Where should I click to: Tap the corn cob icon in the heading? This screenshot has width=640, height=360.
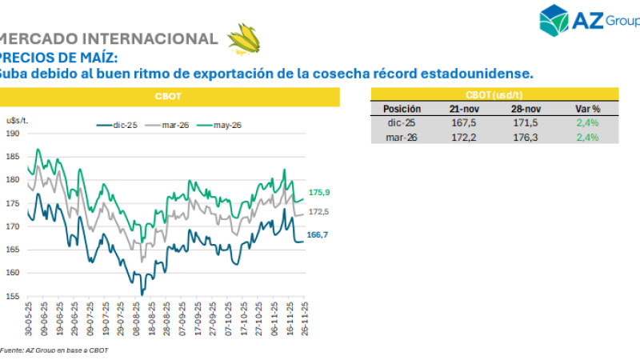243,38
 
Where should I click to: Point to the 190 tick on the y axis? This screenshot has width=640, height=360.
13,133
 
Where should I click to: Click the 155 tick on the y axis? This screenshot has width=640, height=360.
13,296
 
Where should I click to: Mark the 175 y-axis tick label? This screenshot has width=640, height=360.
13,203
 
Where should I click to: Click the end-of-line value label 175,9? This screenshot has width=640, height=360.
319,192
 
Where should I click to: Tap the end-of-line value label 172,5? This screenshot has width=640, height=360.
319,212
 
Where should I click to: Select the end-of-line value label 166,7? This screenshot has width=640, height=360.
319,233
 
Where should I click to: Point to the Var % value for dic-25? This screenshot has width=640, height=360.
587,122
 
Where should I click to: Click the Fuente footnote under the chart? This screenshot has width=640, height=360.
54,350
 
